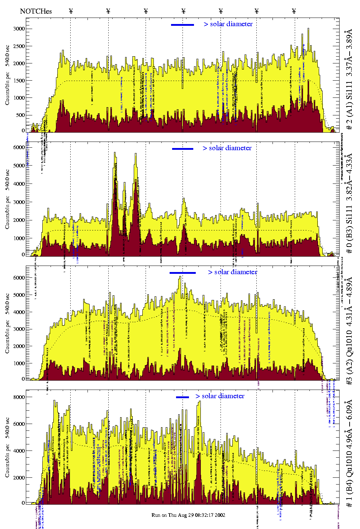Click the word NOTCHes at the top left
point(36,11)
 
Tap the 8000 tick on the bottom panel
point(19,397)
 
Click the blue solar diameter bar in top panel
point(183,25)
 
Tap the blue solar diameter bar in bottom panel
point(183,397)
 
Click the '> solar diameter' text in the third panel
point(232,272)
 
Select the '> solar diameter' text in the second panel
point(227,148)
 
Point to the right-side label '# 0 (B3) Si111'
point(349,215)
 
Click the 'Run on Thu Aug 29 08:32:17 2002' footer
point(188,515)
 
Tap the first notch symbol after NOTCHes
point(71,11)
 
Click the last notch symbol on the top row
point(294,11)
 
